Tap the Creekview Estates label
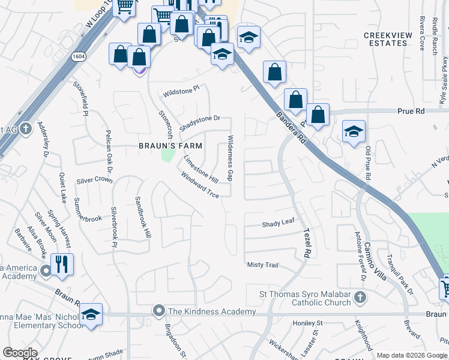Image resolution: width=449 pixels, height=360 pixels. point(388,39)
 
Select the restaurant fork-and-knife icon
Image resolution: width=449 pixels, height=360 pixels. point(61,264)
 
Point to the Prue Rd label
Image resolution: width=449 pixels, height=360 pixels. point(411,111)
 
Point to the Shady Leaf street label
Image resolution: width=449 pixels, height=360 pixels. point(278,223)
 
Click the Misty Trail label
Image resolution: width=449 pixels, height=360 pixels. point(264,265)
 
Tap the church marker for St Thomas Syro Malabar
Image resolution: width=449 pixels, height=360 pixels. point(359,297)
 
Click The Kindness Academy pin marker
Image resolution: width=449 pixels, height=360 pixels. point(159,310)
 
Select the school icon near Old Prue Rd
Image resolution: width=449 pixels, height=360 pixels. point(354,131)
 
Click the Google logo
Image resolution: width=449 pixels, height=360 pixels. point(20,352)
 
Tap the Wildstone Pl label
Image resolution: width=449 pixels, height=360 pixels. point(180,92)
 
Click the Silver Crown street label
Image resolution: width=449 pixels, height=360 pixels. point(94,180)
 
